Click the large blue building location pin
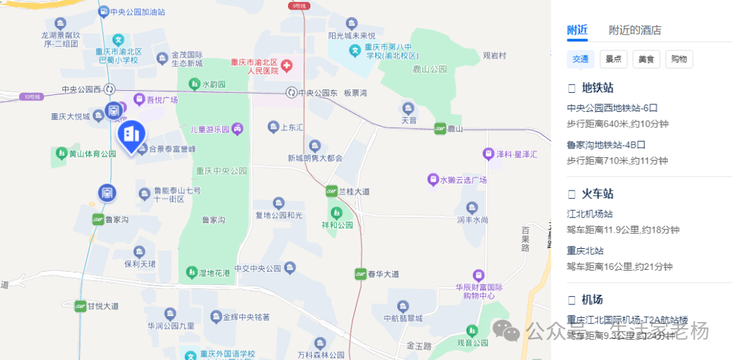(x=132, y=135)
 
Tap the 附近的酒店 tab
(x=634, y=30)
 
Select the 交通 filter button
(x=581, y=59)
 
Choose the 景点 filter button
(x=613, y=59)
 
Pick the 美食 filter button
(x=646, y=59)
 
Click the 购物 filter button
(x=679, y=59)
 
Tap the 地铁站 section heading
(x=597, y=87)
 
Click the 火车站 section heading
(x=597, y=193)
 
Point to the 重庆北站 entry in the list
(x=586, y=250)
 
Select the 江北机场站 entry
(x=590, y=214)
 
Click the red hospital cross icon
(x=287, y=66)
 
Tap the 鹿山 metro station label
(x=454, y=128)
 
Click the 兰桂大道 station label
(x=355, y=192)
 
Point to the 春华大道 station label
(x=383, y=274)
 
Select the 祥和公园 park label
(x=337, y=225)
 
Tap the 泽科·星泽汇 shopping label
(x=516, y=155)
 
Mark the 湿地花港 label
(x=213, y=273)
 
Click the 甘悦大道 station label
(x=102, y=306)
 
